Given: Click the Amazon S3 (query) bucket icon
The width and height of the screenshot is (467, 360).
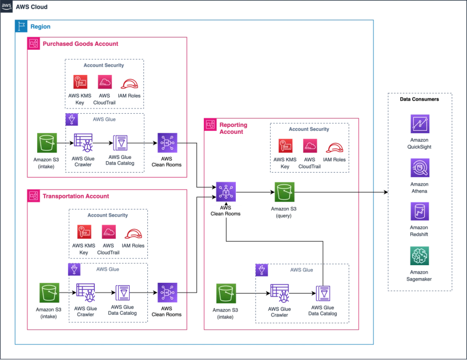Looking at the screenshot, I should (284, 193).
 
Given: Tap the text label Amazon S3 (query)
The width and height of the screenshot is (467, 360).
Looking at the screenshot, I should (284, 213).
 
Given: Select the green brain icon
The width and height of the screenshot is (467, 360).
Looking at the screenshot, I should (420, 254).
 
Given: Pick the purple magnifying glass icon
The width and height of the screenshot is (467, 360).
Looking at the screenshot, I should (420, 168).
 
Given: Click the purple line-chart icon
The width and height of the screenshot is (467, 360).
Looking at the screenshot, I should (420, 125).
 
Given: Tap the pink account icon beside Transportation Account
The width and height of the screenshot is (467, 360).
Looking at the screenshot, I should (34, 196).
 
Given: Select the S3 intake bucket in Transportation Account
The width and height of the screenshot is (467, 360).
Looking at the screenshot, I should (48, 291).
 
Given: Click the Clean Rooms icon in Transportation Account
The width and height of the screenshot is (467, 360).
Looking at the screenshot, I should (167, 292).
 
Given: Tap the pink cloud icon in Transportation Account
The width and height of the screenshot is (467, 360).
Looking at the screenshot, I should (108, 233).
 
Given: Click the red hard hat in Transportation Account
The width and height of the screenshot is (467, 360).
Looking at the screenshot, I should (132, 234).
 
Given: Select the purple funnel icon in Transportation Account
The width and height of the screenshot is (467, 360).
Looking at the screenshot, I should (74, 268).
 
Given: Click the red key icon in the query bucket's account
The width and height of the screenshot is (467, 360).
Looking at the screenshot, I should (285, 146).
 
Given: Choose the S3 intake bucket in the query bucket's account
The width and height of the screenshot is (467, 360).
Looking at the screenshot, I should (226, 294).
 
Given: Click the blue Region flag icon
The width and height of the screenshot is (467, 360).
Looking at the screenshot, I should (21, 26).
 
